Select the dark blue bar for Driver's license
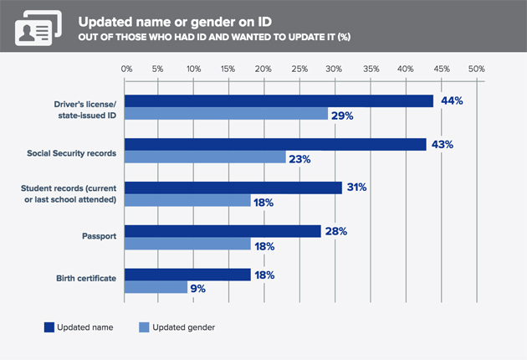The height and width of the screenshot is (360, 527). click(279, 100)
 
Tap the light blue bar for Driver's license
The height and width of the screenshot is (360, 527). click(226, 114)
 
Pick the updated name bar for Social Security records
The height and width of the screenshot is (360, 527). click(275, 145)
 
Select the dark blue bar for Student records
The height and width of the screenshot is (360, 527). click(233, 188)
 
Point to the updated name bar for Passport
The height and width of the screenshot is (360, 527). click(223, 231)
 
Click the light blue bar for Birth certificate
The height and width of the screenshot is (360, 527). click(156, 287)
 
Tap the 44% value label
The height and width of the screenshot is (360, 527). click(452, 100)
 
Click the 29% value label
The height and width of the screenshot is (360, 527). click(342, 115)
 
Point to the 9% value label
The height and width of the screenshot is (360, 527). click(197, 288)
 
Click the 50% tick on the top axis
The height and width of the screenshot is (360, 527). click(476, 68)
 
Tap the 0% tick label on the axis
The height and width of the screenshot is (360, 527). click(125, 68)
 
